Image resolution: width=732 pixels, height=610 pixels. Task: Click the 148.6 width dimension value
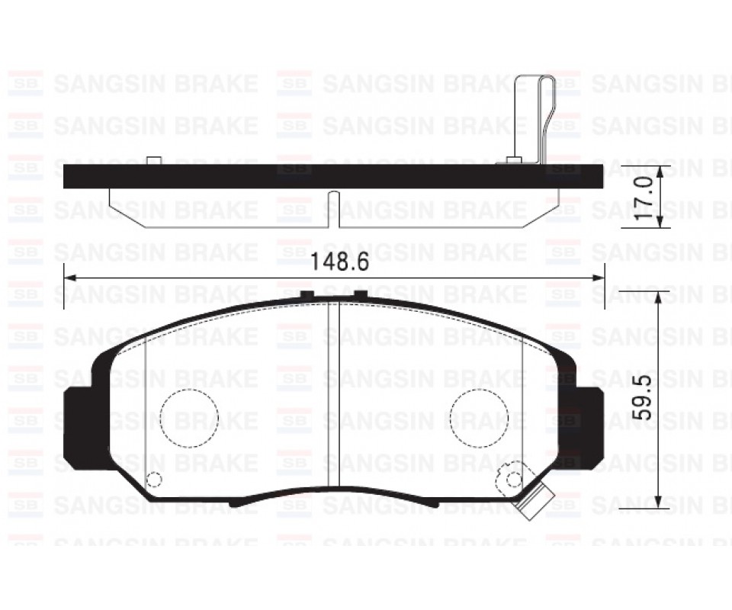339,263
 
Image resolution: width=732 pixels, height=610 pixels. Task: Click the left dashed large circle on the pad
188,418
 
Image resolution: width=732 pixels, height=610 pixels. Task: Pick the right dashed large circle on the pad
479,418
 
